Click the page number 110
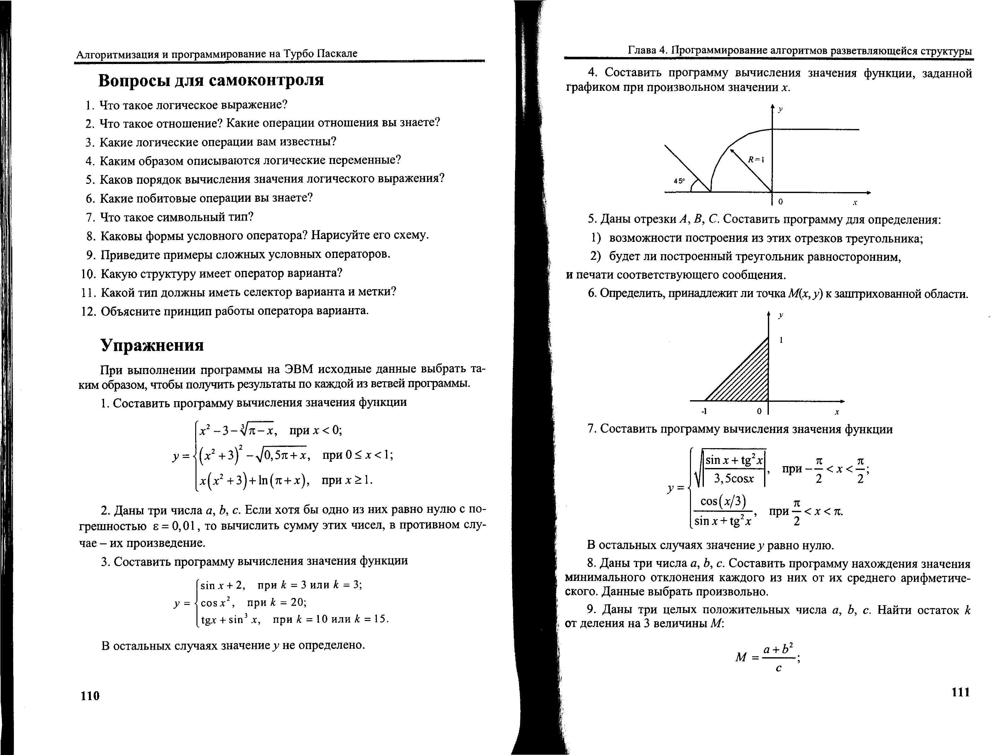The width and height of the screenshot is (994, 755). pyautogui.click(x=90, y=696)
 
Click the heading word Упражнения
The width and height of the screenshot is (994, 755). pyautogui.click(x=152, y=345)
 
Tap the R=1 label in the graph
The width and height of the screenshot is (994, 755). pyautogui.click(x=756, y=159)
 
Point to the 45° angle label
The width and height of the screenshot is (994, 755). pyautogui.click(x=679, y=181)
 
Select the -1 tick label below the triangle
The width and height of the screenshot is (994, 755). pyautogui.click(x=704, y=411)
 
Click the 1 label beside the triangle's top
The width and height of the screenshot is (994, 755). pyautogui.click(x=781, y=340)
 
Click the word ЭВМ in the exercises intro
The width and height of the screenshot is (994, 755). pyautogui.click(x=298, y=369)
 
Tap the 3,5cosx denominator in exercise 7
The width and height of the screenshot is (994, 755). pyautogui.click(x=734, y=479)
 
